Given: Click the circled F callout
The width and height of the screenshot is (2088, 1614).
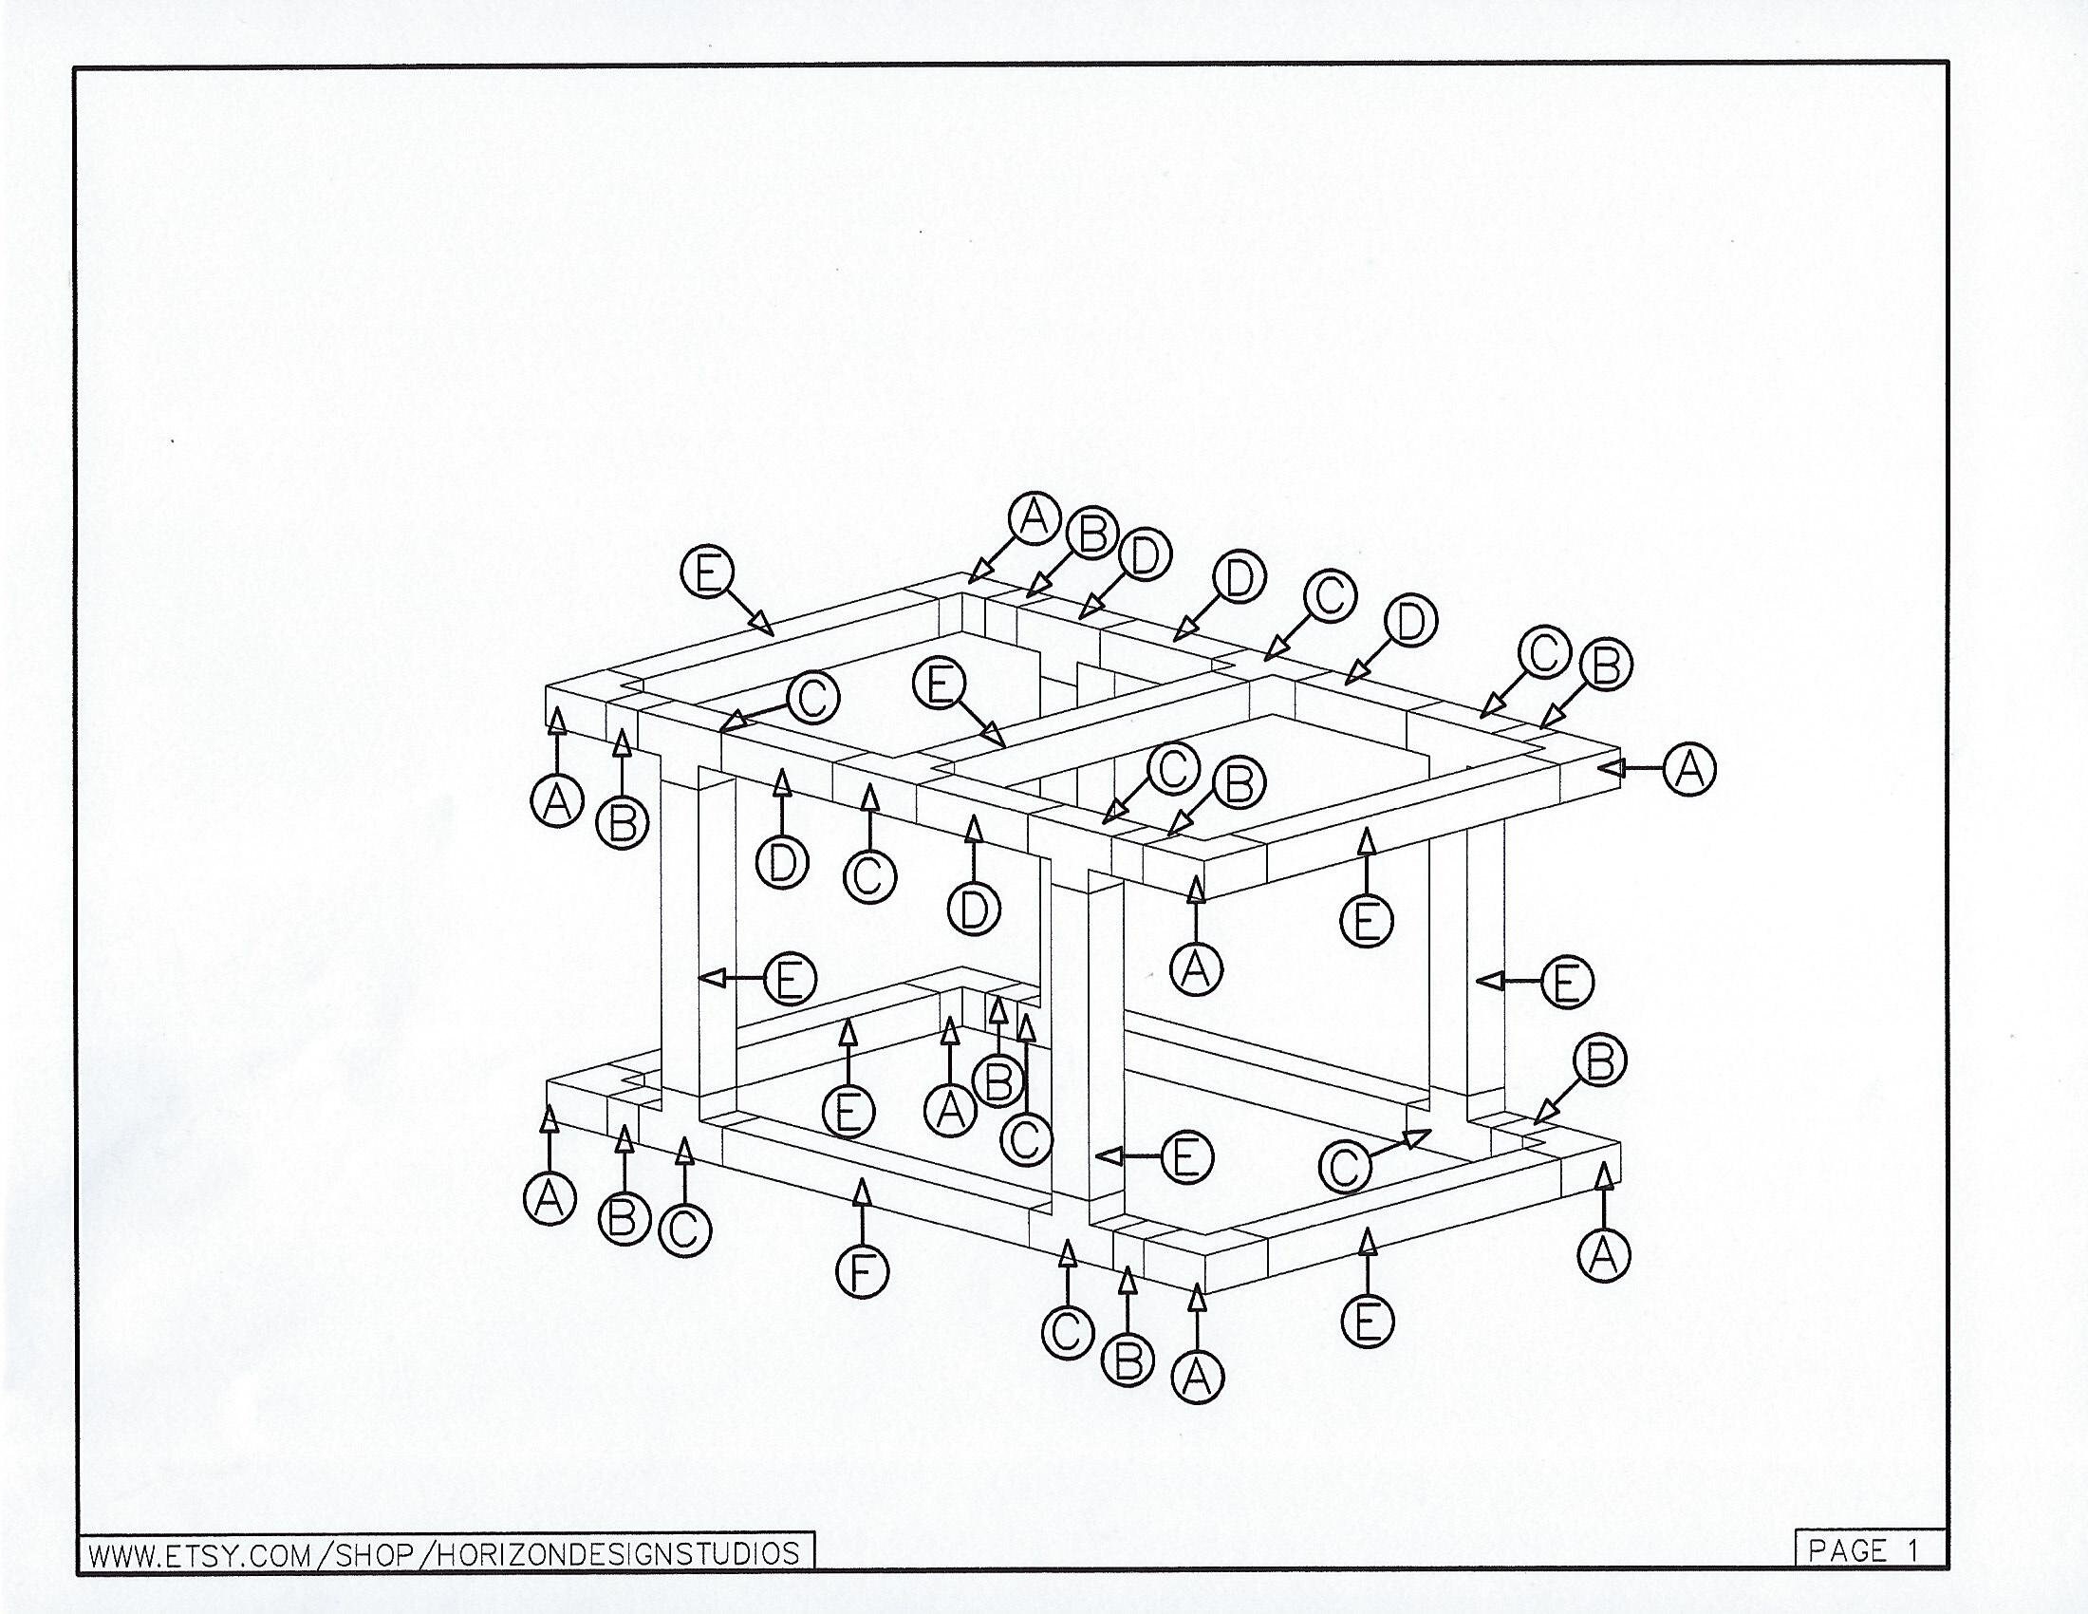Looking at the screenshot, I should [863, 1271].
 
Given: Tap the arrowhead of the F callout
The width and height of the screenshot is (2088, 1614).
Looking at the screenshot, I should [863, 1191].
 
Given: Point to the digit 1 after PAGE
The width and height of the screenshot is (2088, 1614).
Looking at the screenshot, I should [1913, 1551].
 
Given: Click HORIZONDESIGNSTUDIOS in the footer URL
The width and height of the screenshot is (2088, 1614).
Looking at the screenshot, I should [618, 1554].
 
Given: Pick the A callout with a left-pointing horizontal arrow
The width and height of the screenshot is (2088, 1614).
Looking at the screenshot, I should [1689, 768].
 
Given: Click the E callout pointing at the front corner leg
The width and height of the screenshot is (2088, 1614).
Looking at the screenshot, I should [1186, 1158].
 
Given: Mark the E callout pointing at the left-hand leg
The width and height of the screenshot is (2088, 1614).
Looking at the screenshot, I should [790, 979].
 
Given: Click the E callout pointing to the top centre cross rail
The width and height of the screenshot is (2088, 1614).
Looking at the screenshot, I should [939, 685].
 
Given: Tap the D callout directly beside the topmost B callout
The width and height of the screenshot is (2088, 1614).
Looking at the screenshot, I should [1146, 555].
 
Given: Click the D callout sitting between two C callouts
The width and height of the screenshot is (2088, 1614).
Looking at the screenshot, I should [1409, 622].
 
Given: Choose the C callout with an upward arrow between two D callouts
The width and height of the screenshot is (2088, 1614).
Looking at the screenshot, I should [869, 877].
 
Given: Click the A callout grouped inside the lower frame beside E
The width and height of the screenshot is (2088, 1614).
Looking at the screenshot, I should [949, 1110].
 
